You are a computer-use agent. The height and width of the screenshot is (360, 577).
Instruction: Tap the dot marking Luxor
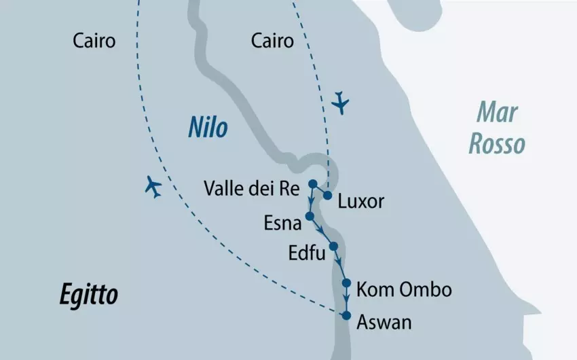(327, 196)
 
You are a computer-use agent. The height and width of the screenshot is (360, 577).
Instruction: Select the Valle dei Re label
(251, 190)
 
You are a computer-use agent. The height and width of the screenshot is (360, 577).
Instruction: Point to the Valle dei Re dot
(312, 183)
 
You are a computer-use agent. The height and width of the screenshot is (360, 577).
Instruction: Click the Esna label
(278, 223)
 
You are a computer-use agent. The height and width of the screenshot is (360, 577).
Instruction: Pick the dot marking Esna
(310, 216)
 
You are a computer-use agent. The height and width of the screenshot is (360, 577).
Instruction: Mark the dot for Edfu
(333, 246)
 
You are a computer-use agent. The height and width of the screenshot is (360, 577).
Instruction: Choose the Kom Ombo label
(403, 289)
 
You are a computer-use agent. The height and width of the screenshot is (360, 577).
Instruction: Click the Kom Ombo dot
(346, 283)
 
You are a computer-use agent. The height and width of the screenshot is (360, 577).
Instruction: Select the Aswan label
(384, 323)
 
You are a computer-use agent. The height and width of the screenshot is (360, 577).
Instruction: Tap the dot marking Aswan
(346, 316)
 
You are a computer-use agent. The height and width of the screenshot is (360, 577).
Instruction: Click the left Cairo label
(94, 41)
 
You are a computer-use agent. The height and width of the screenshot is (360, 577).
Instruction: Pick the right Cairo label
(272, 41)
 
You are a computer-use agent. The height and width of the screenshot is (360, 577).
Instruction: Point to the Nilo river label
(208, 128)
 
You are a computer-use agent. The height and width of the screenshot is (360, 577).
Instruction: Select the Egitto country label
(88, 295)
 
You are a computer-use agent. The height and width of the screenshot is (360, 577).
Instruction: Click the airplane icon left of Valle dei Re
(155, 187)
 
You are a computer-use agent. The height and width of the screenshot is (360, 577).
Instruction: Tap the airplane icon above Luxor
(340, 104)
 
